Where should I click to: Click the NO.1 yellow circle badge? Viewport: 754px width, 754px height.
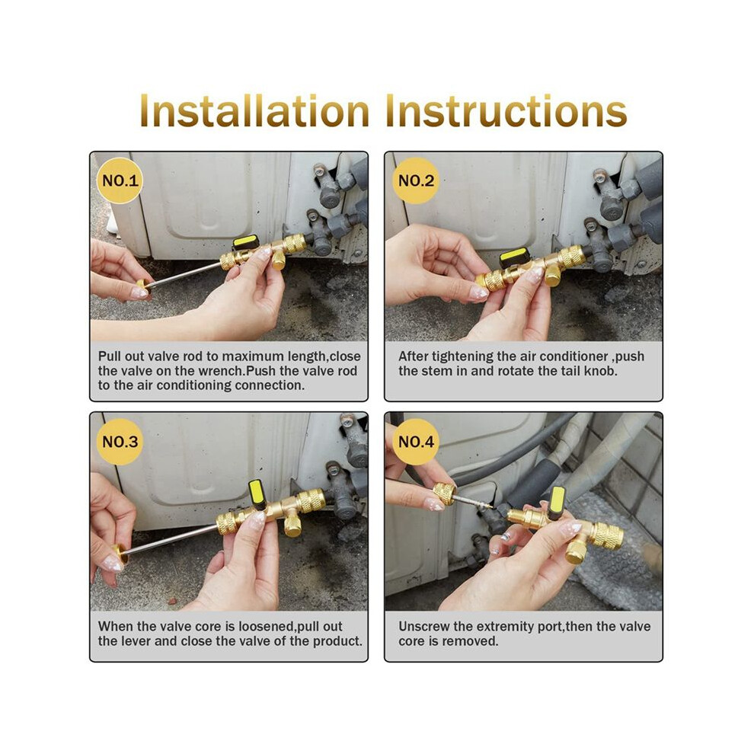click(120, 181)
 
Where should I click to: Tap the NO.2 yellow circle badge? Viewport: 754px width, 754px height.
click(416, 181)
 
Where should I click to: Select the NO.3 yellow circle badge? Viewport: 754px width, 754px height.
click(120, 442)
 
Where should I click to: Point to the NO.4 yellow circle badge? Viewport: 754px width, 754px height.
click(416, 442)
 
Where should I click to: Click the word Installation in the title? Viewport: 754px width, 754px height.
click(254, 111)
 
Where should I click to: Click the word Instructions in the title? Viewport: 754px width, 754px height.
click(506, 111)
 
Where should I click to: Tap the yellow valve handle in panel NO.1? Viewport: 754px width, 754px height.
click(246, 242)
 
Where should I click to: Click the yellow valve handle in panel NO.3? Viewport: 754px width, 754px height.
click(257, 494)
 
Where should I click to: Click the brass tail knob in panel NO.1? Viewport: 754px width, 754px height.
click(143, 288)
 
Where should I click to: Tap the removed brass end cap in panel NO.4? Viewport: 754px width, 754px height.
click(444, 493)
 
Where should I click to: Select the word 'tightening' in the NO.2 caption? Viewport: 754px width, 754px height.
click(462, 356)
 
